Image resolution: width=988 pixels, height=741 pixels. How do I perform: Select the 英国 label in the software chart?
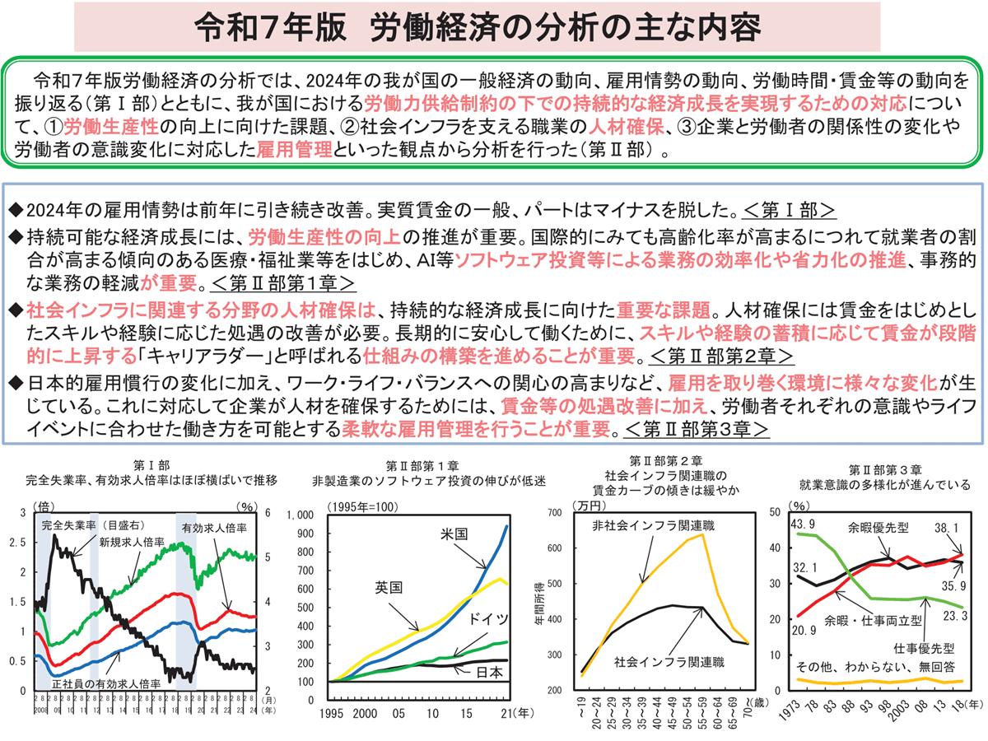click(388, 588)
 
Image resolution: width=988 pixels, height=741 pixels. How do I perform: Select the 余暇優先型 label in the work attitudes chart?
click(875, 528)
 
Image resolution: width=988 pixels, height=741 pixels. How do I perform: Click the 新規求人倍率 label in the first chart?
click(131, 543)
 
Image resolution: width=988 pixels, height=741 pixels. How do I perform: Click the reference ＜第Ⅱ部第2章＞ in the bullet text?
click(721, 357)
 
